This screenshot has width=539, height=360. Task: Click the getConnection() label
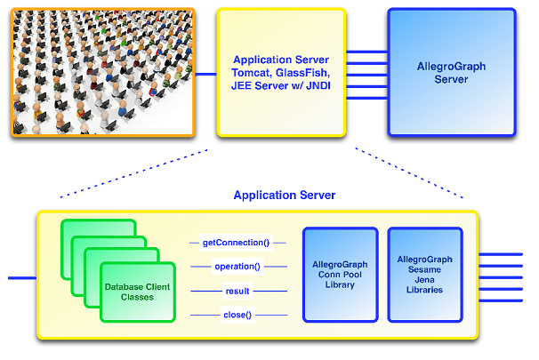pyautogui.click(x=237, y=241)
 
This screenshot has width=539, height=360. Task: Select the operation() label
pyautogui.click(x=237, y=266)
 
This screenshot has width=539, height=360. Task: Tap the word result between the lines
pyautogui.click(x=237, y=290)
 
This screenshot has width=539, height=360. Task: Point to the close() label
pyautogui.click(x=237, y=314)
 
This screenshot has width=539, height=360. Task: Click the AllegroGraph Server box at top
pyautogui.click(x=450, y=72)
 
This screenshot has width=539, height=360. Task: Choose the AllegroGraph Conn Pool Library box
pyautogui.click(x=339, y=274)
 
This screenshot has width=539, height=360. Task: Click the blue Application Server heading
pyautogui.click(x=277, y=195)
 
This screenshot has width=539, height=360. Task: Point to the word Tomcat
pyautogui.click(x=251, y=72)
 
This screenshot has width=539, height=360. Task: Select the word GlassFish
pyautogui.click(x=302, y=72)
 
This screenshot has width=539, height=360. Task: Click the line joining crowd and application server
pyautogui.click(x=206, y=74)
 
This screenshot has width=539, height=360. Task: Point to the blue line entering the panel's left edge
pyautogui.click(x=21, y=278)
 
